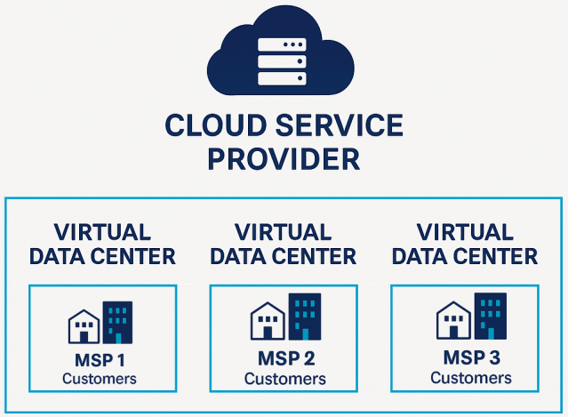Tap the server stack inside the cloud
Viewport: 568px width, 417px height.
click(281, 60)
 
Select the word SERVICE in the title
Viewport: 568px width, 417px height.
click(345, 124)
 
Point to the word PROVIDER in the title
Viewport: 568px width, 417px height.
click(283, 160)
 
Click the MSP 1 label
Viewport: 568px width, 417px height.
click(100, 361)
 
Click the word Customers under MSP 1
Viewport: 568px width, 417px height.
click(100, 379)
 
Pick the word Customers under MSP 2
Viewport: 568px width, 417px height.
click(285, 380)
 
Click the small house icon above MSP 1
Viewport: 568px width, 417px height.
click(84, 327)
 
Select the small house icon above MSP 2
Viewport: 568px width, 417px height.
click(267, 323)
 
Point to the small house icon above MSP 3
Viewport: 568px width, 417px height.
click(452, 321)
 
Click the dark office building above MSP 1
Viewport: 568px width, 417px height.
click(117, 322)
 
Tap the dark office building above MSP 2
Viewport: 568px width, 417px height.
click(305, 317)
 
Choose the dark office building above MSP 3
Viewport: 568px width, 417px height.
click(491, 316)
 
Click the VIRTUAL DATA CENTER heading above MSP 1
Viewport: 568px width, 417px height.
click(102, 245)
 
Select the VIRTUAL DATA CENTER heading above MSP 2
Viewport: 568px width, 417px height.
click(284, 245)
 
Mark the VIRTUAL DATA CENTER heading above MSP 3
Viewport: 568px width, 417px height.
click(465, 245)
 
